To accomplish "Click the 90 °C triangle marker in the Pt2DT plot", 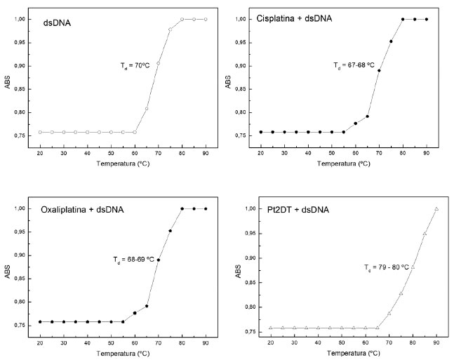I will pyautogui.click(x=436, y=209).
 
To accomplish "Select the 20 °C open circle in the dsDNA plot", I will pyautogui.click(x=40, y=132).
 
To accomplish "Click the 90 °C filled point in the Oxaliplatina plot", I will pyautogui.click(x=206, y=208).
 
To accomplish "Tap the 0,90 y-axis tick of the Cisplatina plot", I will pyautogui.click(x=243, y=66).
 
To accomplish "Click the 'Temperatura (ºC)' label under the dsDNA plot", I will pyautogui.click(x=122, y=162).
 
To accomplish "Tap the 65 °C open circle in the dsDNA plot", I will pyautogui.click(x=147, y=109).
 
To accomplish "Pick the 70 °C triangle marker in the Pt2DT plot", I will pyautogui.click(x=389, y=313).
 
